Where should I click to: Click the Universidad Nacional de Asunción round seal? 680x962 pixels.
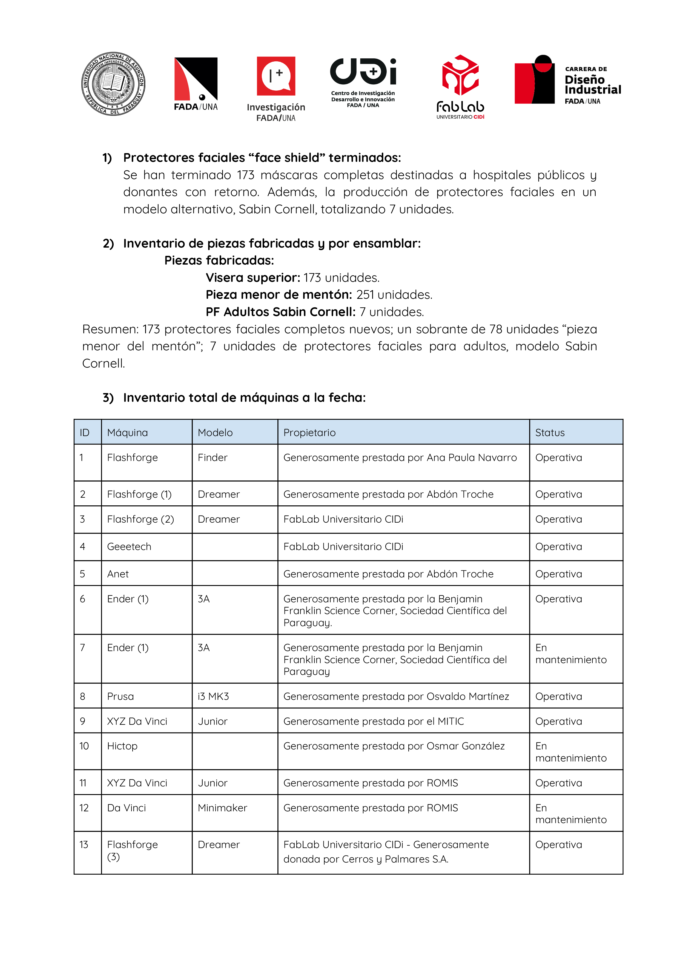pos(113,84)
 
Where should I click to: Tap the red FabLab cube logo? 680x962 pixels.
pos(460,75)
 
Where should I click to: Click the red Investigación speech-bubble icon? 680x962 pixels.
pos(276,76)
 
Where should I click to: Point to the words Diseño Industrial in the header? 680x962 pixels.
pos(592,85)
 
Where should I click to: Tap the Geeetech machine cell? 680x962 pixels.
pos(129,546)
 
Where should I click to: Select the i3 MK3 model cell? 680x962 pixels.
pos(213,696)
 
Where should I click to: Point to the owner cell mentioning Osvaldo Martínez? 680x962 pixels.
pos(396,696)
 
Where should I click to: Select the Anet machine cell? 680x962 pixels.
pos(118,574)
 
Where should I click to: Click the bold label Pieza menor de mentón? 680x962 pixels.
pos(279,295)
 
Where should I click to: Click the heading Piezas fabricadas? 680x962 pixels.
pos(219,260)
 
